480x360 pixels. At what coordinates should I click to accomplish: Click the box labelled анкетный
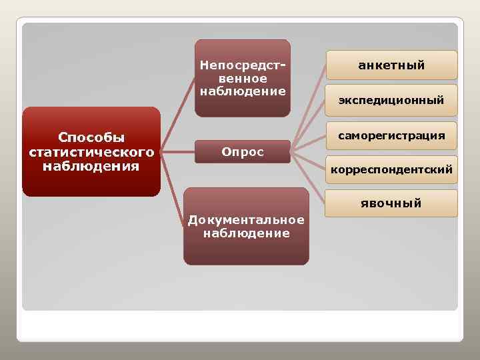(391, 65)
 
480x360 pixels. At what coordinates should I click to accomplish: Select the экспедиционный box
(391, 101)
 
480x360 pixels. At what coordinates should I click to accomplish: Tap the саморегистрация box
(391, 135)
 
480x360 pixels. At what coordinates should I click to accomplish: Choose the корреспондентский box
(391, 170)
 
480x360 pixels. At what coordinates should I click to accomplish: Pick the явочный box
(391, 203)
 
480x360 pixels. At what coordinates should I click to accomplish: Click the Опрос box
(243, 152)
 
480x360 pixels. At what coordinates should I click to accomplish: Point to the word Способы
(91, 137)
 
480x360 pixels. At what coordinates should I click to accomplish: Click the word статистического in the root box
(91, 151)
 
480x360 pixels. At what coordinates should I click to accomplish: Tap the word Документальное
(246, 220)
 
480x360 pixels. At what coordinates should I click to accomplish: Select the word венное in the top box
(243, 79)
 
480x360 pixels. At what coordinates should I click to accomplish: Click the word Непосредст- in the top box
(243, 66)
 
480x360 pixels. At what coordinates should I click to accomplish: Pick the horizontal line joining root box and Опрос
(178, 151)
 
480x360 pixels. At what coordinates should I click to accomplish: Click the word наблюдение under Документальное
(246, 233)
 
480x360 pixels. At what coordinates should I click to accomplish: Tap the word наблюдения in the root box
(91, 165)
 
